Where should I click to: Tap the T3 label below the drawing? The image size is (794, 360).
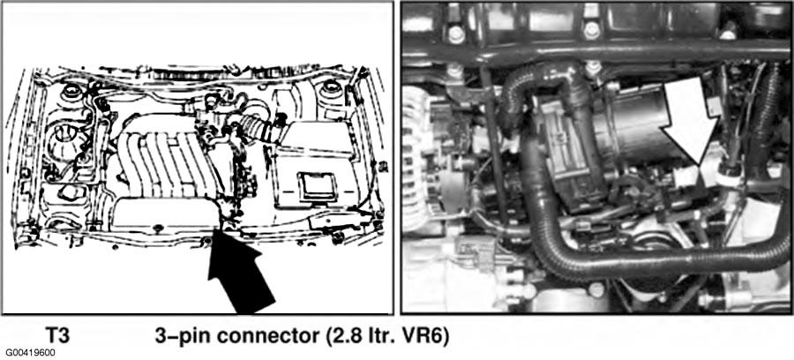pos(57,336)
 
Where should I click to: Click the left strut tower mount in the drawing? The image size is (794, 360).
pos(71,92)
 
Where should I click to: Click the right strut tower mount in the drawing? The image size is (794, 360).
pos(330,89)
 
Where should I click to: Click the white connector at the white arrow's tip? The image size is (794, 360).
pos(685,176)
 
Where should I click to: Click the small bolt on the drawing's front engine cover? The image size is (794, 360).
pos(157,228)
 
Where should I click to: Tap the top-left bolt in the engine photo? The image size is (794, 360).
pos(456,34)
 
